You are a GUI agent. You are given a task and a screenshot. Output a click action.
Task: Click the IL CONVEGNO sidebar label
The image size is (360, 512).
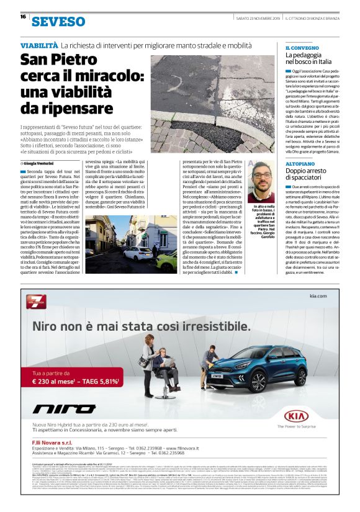(x=302, y=48)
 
